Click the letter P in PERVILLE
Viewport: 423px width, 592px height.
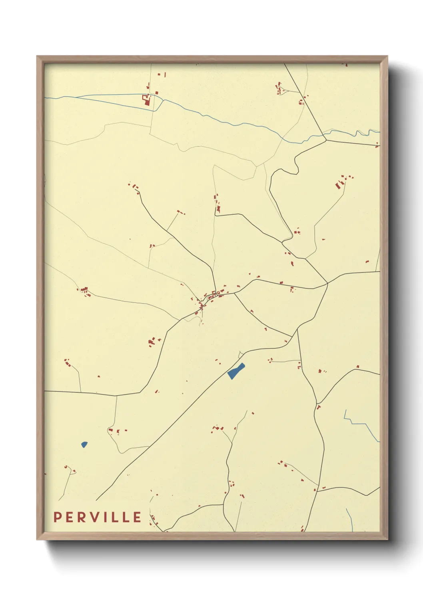pos(57,517)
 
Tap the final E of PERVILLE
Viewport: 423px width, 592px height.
pos(137,517)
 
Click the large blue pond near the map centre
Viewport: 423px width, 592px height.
pos(236,371)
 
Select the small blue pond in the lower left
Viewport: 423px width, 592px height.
pos(84,444)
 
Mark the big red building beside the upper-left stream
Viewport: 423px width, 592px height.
pos(146,100)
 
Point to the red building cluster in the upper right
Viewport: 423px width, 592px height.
pos(341,183)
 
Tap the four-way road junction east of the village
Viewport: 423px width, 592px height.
pos(327,283)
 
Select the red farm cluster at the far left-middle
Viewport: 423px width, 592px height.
pos(85,292)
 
